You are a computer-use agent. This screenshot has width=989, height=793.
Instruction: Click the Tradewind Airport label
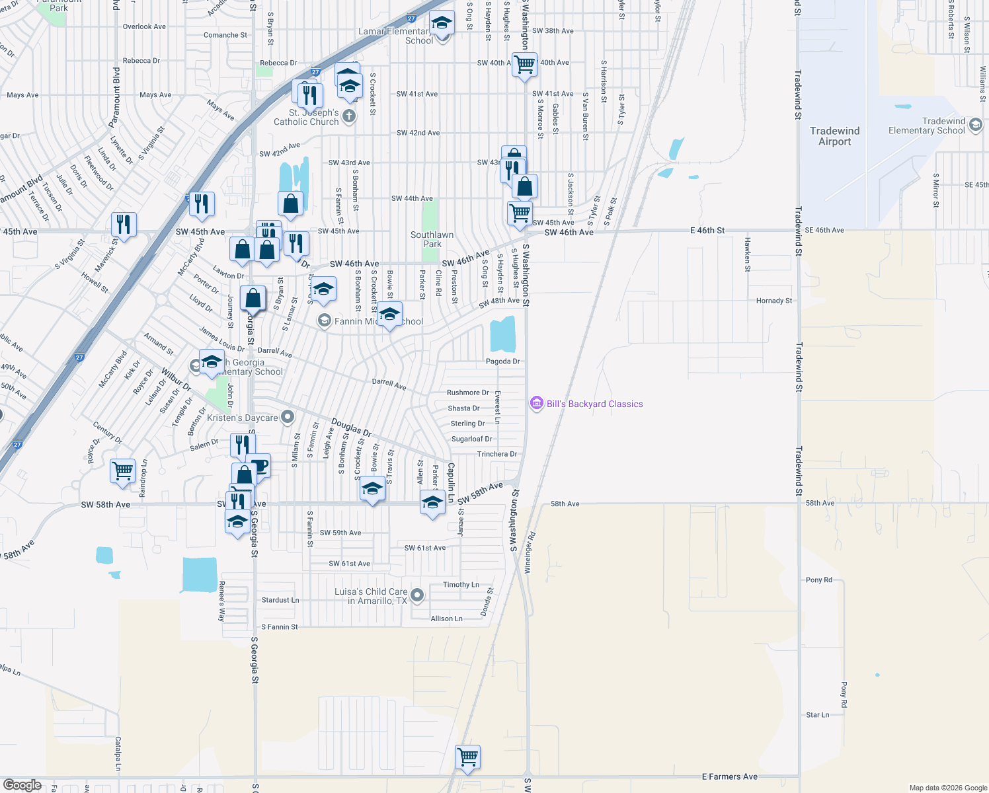834,136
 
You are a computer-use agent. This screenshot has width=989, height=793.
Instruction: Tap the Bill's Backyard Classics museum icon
536,404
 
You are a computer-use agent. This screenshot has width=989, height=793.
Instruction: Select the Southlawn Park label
432,239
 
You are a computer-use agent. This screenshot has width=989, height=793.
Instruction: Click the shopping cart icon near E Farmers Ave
467,757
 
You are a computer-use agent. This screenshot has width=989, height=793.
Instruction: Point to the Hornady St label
773,301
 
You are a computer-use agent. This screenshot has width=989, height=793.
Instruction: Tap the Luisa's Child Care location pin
417,595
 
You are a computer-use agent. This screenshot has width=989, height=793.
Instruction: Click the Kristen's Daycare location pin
288,417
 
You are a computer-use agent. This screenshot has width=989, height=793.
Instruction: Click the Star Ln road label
817,715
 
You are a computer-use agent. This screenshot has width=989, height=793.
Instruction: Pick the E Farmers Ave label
729,776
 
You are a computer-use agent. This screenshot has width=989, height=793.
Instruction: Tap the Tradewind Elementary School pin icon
976,123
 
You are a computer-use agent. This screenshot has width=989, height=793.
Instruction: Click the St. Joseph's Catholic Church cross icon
349,116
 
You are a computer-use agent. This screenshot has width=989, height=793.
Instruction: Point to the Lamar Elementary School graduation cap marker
442,24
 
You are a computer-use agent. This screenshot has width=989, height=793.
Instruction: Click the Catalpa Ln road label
118,753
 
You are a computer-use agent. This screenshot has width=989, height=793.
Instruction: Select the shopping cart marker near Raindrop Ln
122,472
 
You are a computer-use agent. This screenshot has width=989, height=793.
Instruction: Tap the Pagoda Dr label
502,361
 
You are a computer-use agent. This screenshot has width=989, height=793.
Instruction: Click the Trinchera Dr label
497,454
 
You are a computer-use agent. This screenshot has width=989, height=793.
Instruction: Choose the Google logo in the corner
22,784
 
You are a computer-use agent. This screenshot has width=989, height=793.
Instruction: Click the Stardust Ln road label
280,600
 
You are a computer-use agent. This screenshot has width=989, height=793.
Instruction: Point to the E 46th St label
707,231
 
